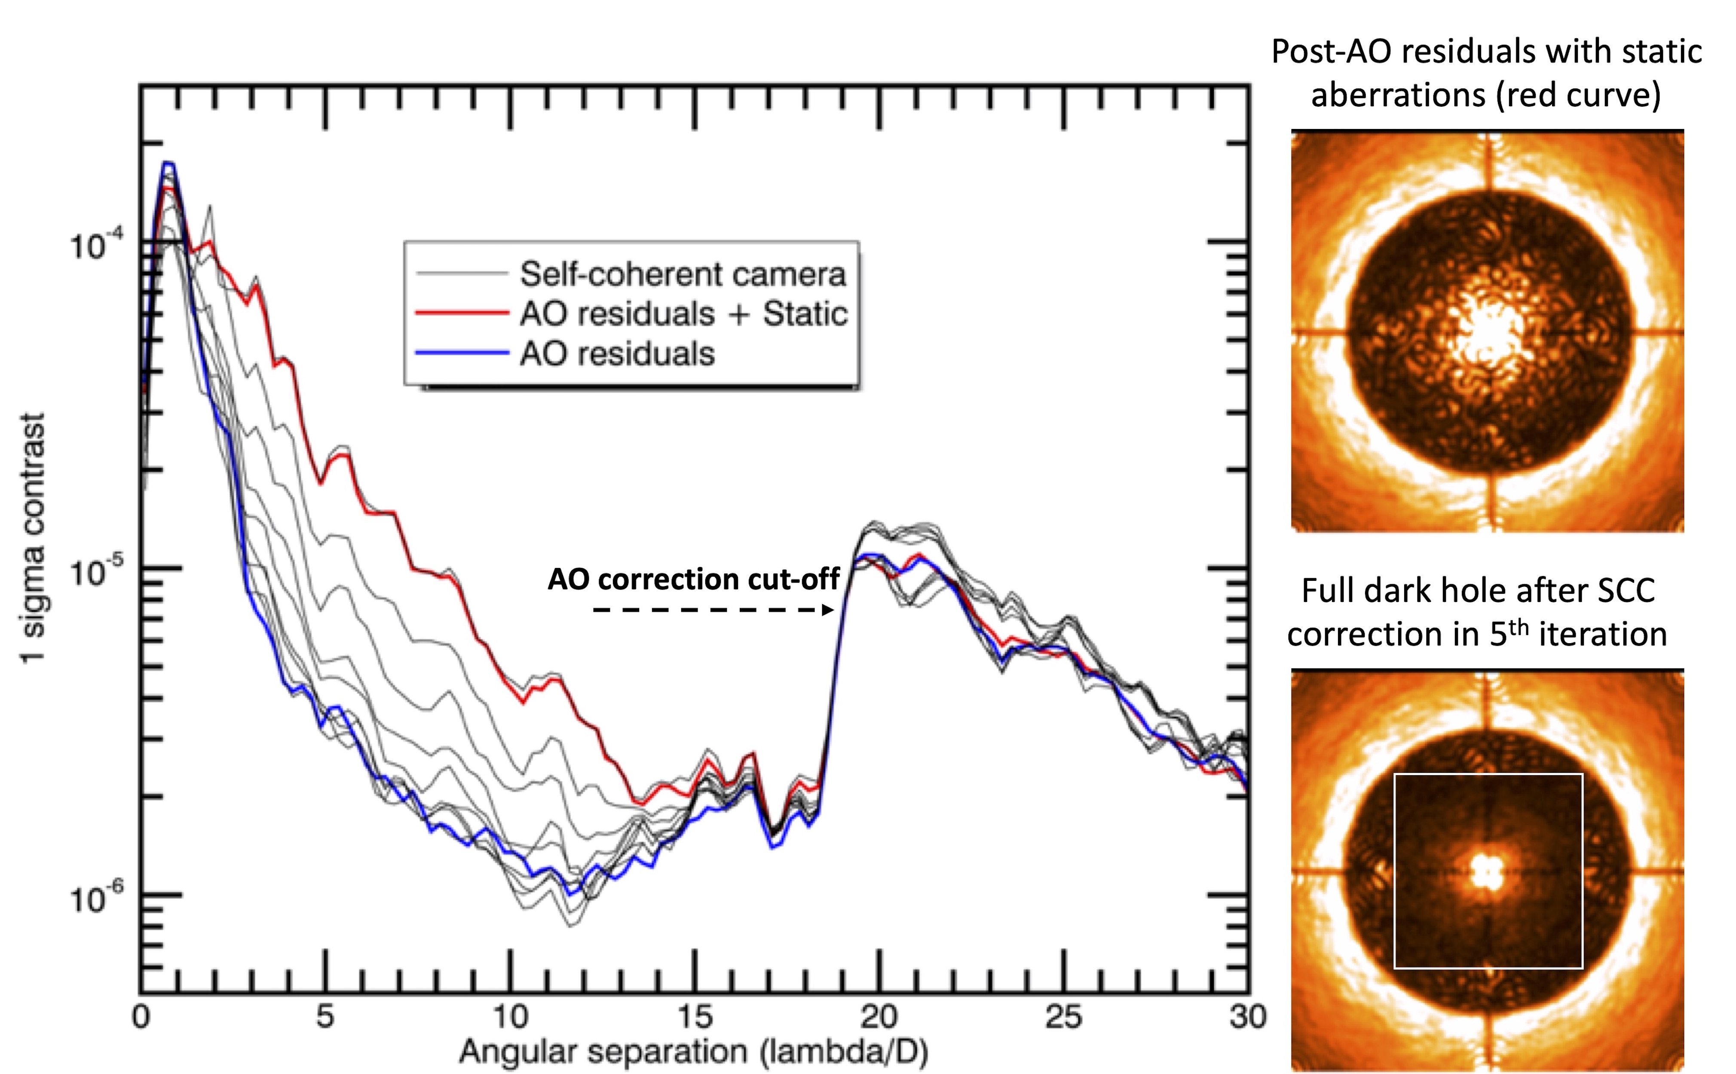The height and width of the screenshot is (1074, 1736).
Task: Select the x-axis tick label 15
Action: pos(695,1017)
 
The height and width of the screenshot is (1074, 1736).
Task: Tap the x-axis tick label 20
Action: pos(879,1017)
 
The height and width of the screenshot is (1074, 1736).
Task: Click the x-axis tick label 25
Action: pos(1064,1017)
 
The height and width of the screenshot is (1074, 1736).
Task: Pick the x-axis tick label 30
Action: pos(1247,1017)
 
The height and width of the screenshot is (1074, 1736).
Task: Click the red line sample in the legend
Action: pos(462,313)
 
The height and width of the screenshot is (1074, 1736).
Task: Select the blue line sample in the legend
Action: pos(462,353)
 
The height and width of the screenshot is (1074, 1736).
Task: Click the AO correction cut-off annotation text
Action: pos(694,579)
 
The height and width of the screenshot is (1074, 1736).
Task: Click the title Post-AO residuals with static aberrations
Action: pos(1486,73)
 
